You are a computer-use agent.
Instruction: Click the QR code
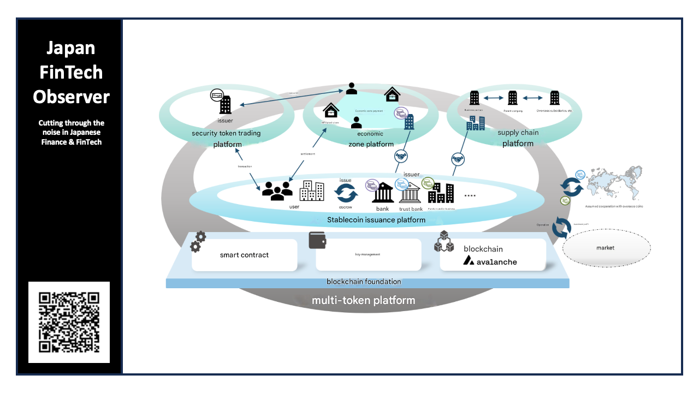click(69, 322)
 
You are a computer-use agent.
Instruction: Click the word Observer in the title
click(71, 97)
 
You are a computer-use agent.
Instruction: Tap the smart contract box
click(244, 255)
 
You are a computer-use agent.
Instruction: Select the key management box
click(369, 255)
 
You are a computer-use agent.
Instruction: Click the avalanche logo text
click(490, 261)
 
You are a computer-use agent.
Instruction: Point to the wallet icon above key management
click(317, 241)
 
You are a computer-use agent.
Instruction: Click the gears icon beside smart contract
click(198, 242)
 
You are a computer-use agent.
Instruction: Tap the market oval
click(606, 248)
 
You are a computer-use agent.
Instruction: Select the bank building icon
click(383, 193)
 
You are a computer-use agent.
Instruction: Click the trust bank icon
click(410, 193)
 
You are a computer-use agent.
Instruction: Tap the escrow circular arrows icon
click(346, 193)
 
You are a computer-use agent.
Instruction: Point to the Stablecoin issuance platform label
click(376, 220)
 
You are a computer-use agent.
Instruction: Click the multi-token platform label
click(363, 300)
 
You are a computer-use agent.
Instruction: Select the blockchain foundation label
click(364, 282)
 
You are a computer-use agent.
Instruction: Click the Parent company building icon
click(512, 98)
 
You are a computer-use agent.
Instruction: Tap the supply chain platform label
click(518, 138)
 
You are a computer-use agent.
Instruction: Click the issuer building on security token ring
click(225, 105)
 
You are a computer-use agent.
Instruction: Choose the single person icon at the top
click(352, 88)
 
